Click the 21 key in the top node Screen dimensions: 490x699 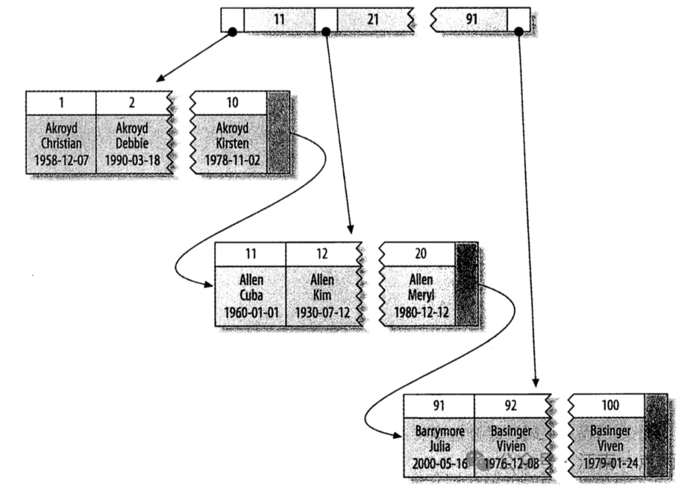click(x=373, y=19)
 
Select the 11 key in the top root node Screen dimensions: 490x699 click(x=279, y=19)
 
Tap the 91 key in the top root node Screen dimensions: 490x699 click(x=471, y=19)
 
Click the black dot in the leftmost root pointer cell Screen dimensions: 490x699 click(x=232, y=31)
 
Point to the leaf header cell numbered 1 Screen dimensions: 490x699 click(x=61, y=102)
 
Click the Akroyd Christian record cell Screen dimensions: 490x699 click(x=61, y=144)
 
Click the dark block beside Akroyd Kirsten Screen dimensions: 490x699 click(x=278, y=133)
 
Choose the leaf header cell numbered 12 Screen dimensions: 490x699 click(x=322, y=254)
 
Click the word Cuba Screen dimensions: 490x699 click(x=250, y=296)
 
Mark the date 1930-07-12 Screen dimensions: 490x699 click(x=322, y=312)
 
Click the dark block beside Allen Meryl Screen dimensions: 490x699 click(x=466, y=285)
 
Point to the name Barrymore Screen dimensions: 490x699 click(x=439, y=431)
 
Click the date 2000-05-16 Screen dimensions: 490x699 click(x=439, y=463)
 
